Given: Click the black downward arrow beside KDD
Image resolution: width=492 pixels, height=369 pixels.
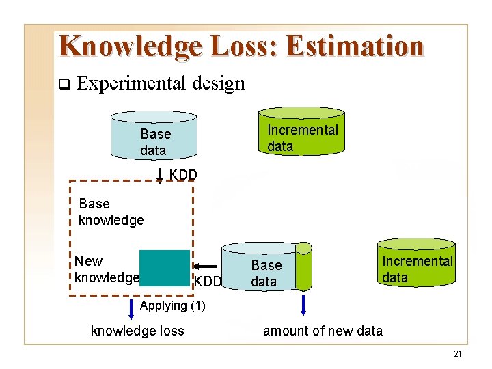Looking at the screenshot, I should point(160,176).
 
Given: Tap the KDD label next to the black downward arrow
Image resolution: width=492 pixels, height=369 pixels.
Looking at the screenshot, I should point(183,175).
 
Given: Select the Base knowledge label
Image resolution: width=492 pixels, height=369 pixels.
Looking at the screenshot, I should point(111,212).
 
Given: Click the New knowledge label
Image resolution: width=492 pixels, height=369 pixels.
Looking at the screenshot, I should point(106,269).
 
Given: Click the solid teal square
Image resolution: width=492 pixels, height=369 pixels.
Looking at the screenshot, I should point(165,268).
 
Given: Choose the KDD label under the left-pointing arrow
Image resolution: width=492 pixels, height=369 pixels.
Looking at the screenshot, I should point(208,282).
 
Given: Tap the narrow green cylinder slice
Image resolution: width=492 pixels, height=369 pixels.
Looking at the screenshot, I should point(303,266).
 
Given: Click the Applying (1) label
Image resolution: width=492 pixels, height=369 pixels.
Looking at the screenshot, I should point(172,305).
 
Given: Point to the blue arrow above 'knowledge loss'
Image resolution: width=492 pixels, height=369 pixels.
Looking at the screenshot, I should point(131,308).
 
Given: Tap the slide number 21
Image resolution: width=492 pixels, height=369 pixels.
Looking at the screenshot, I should point(457,353).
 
